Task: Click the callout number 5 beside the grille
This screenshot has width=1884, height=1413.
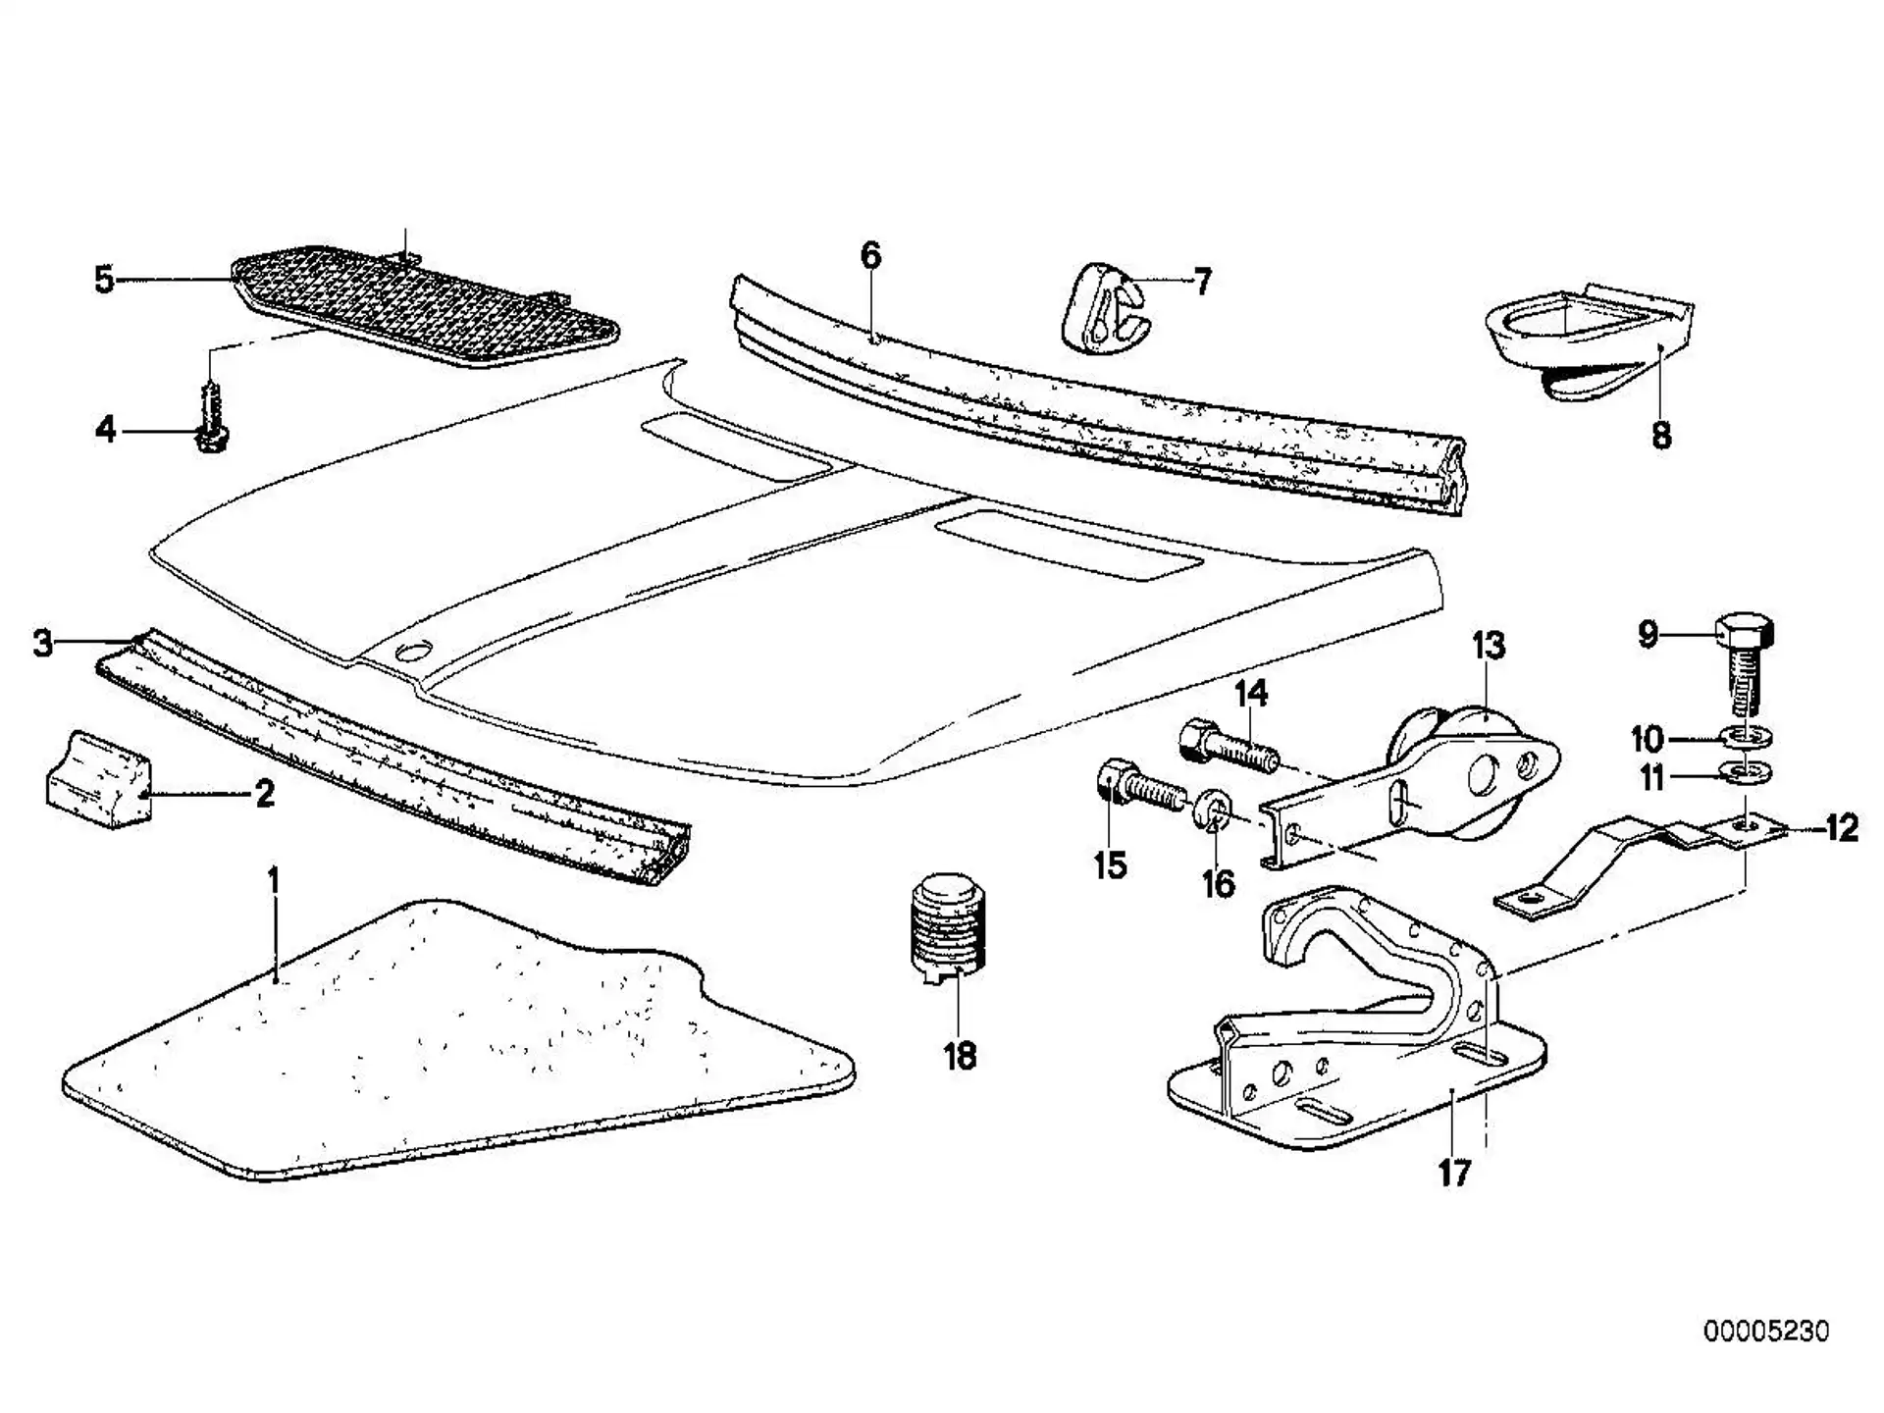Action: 104,280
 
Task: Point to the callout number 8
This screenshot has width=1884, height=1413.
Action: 1660,435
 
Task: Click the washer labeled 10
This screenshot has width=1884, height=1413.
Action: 1744,736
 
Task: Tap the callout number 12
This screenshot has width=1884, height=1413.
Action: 1842,829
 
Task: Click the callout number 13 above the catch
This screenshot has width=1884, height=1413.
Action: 1488,646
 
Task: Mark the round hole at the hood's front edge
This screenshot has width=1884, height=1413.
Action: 416,651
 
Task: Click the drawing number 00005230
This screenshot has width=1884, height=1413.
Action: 1766,1332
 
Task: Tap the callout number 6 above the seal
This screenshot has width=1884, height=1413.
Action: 871,255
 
